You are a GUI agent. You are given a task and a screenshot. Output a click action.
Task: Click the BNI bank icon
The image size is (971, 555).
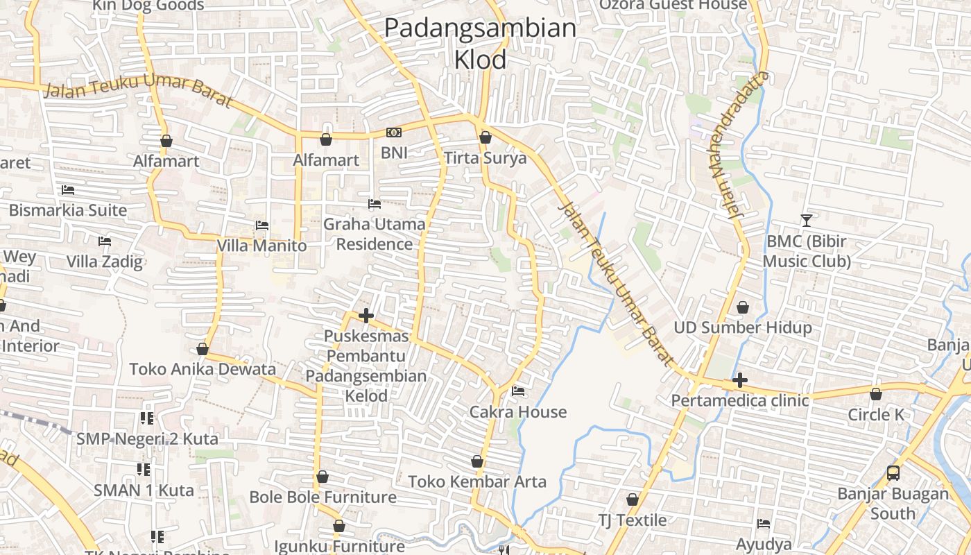393,133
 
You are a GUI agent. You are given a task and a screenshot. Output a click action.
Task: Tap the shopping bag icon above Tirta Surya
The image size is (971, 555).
486,137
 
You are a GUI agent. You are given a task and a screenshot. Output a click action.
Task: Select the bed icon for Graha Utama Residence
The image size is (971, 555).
375,204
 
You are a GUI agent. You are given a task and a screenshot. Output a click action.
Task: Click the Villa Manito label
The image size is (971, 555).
261,246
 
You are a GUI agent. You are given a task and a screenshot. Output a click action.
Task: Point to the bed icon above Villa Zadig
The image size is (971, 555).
105,241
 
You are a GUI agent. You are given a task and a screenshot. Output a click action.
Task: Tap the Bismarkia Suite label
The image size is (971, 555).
68,210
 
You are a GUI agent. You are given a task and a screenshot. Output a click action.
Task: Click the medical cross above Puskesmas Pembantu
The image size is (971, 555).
366,316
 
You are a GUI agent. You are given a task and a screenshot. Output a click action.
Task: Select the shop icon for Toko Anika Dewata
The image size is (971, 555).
203,349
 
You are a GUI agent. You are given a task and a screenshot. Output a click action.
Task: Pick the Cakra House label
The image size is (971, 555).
518,412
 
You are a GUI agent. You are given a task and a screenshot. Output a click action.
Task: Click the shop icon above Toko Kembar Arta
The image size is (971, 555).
477,461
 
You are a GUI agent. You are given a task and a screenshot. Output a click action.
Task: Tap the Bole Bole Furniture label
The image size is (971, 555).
323,497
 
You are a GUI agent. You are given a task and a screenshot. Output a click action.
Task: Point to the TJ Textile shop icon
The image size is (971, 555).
633,499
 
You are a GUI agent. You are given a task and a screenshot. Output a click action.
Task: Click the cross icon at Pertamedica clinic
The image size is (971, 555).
740,380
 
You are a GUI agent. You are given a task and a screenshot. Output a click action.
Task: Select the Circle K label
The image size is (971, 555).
876,415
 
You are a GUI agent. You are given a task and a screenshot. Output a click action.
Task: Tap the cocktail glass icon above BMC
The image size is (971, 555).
806,221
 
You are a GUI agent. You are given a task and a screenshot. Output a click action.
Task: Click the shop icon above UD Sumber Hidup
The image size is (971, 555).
743,307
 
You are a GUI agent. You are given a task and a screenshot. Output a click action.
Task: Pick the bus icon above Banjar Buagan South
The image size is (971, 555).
893,473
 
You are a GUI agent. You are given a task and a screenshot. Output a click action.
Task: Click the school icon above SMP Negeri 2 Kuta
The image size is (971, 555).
146,418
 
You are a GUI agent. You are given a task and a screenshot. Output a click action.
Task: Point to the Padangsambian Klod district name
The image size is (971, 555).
480,44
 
